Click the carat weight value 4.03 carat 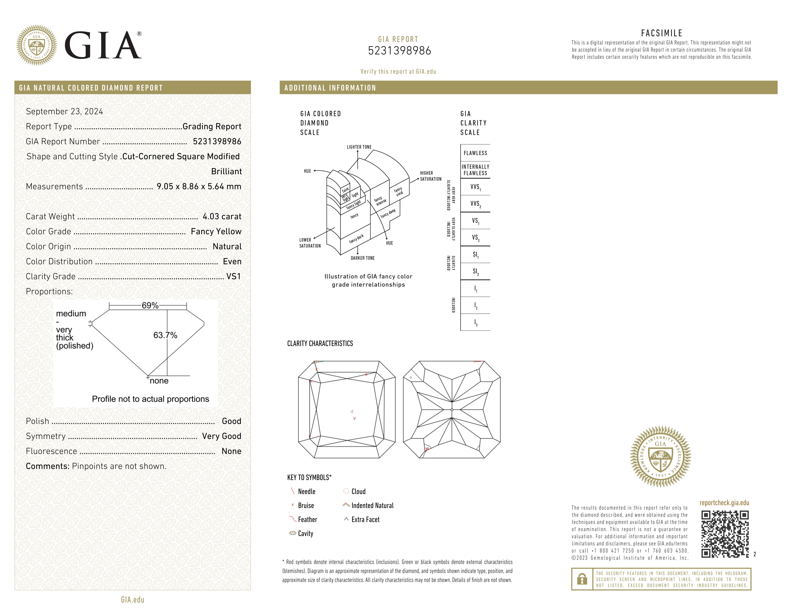222,216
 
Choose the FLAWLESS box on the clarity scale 475,153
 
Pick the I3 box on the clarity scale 475,322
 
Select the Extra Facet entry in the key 365,520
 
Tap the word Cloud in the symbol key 358,492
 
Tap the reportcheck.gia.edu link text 724,503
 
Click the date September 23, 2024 65,111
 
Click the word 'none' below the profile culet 159,381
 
